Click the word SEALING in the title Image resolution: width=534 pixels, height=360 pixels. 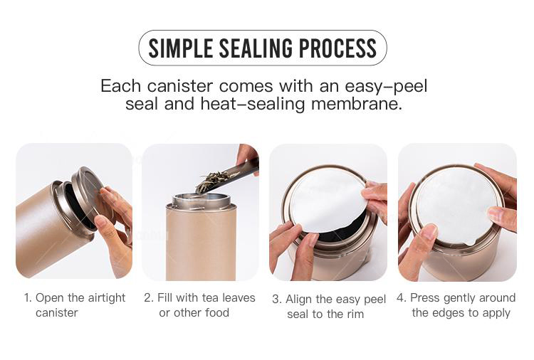pyautogui.click(x=256, y=48)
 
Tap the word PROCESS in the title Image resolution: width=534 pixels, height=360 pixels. pyautogui.click(x=337, y=48)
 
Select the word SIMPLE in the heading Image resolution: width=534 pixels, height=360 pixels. pyautogui.click(x=181, y=48)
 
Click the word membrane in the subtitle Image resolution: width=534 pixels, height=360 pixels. pyautogui.click(x=357, y=104)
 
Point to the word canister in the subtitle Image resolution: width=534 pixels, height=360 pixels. pyautogui.click(x=180, y=86)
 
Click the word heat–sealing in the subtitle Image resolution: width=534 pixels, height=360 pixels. pyautogui.click(x=252, y=105)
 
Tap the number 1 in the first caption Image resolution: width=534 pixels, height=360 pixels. pyautogui.click(x=28, y=298)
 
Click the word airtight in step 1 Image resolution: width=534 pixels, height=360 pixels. pyautogui.click(x=107, y=298)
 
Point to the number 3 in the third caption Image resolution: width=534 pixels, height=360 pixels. pyautogui.click(x=276, y=300)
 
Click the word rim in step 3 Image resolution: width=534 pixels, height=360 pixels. pyautogui.click(x=355, y=314)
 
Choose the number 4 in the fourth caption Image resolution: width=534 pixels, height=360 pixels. pyautogui.click(x=401, y=298)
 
